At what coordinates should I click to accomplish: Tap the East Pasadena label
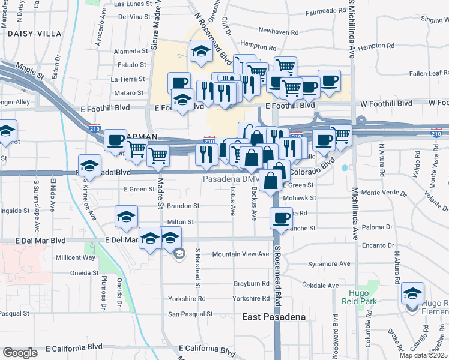274,317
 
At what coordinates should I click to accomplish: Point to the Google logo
20,353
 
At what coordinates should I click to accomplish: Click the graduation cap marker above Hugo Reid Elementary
413,293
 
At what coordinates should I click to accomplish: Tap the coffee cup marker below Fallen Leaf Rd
328,80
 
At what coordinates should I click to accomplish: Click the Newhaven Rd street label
282,30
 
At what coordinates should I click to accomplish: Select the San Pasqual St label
190,314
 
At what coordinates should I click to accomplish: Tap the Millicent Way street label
75,257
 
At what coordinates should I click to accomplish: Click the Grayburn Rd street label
252,284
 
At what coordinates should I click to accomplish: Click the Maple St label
31,71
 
